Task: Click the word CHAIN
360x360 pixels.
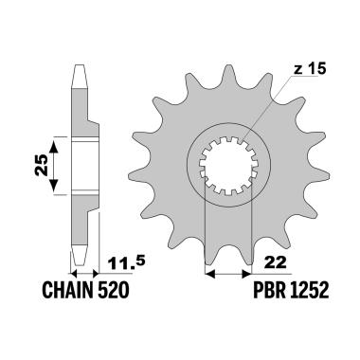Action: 67,290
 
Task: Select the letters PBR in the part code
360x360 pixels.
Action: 268,290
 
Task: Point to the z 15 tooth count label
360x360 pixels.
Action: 309,69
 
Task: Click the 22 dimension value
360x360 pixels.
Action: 276,262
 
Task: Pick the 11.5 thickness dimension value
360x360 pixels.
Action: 126,263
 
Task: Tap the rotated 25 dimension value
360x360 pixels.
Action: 42,165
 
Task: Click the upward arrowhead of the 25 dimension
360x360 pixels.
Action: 54,147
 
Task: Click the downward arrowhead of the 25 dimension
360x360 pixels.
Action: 54,185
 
